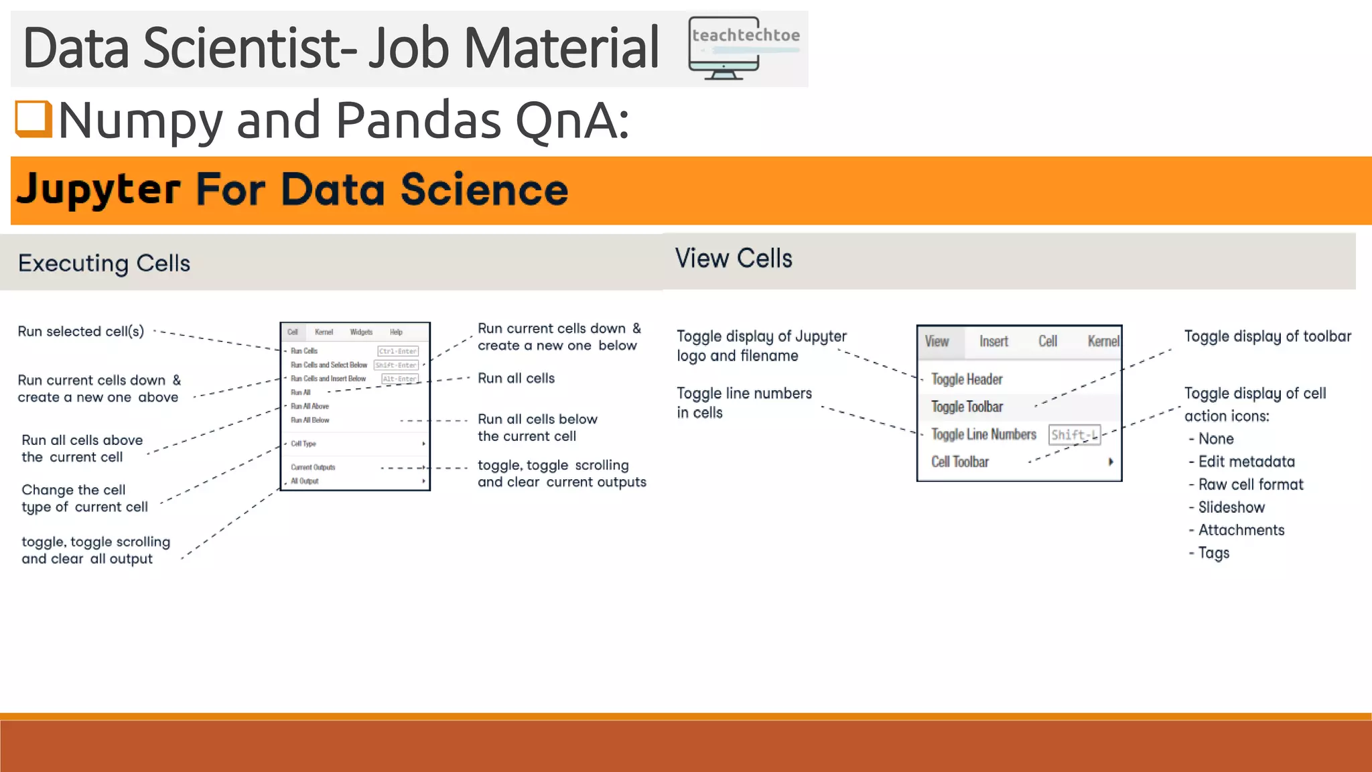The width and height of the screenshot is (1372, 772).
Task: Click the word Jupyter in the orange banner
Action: click(x=98, y=190)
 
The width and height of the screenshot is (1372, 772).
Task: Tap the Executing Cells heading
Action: click(x=104, y=263)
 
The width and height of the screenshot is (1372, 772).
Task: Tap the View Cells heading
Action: click(x=733, y=259)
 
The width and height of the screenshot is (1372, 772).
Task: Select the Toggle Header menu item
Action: click(x=966, y=379)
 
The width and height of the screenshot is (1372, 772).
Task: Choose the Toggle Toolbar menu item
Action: click(x=967, y=407)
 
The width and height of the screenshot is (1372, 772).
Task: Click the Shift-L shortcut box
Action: click(x=1074, y=435)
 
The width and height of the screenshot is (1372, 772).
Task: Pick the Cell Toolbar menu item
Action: click(x=959, y=462)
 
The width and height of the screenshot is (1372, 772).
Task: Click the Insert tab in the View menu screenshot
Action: click(x=993, y=341)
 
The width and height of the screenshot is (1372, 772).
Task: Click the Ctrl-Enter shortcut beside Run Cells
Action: click(x=397, y=351)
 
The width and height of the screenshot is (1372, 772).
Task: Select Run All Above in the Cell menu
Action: click(x=310, y=406)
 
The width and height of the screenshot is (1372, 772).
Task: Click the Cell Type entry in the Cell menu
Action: click(x=303, y=444)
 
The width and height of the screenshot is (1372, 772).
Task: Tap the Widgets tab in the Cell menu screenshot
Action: click(x=360, y=332)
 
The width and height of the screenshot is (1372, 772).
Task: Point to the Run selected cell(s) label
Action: click(x=80, y=332)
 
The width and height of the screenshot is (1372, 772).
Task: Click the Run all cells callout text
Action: click(x=516, y=379)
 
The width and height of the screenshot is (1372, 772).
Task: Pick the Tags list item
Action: click(x=1213, y=553)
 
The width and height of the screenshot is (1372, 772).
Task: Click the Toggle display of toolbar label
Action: click(x=1267, y=336)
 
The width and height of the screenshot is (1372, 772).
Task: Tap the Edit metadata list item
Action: click(x=1245, y=462)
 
